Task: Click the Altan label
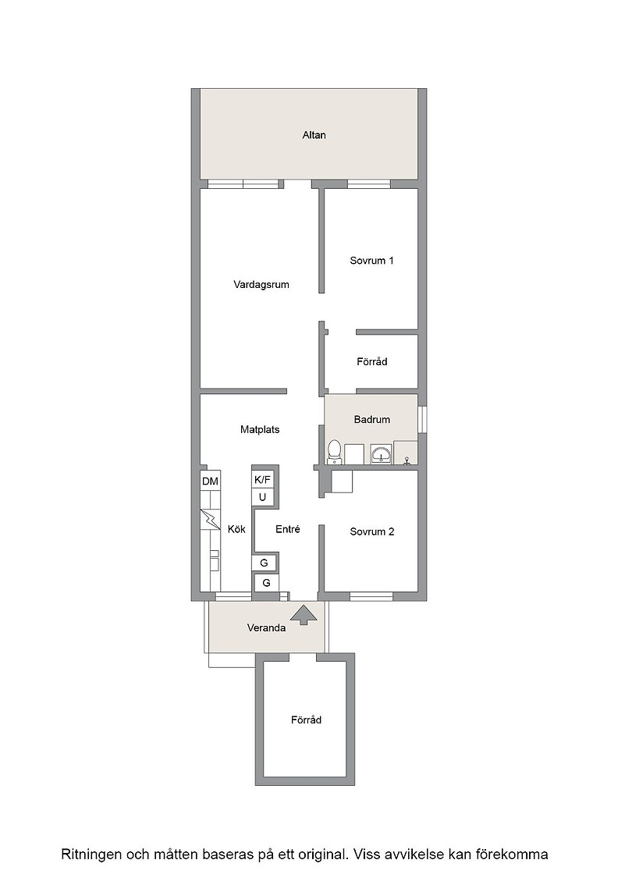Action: coord(314,135)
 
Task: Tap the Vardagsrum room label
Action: coord(261,285)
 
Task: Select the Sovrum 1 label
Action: coord(371,261)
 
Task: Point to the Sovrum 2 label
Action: coord(371,531)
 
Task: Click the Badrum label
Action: coord(371,420)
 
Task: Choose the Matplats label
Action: coord(260,430)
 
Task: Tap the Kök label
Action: coord(236,530)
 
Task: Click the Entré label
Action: coord(288,530)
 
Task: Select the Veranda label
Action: coord(266,628)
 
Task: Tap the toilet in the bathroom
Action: coord(334,452)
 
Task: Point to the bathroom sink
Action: coord(381,455)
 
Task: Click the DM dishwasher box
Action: coord(210,481)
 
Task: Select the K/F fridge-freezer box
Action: coord(262,479)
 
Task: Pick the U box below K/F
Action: coord(262,497)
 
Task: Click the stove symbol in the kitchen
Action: coord(210,520)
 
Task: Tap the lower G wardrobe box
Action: coord(266,583)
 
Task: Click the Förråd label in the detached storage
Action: coord(306,720)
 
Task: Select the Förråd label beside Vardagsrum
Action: coord(371,362)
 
